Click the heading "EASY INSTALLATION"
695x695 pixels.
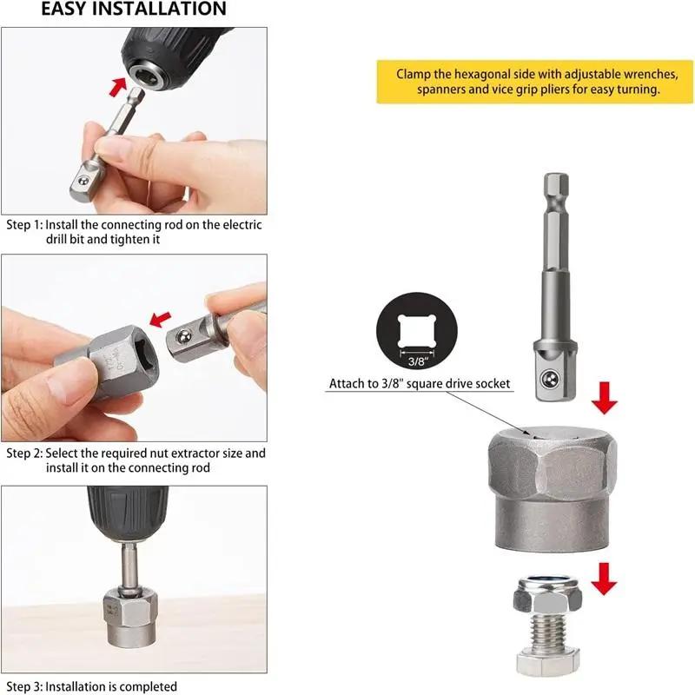(x=134, y=10)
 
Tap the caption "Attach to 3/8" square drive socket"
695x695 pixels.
(x=420, y=383)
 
